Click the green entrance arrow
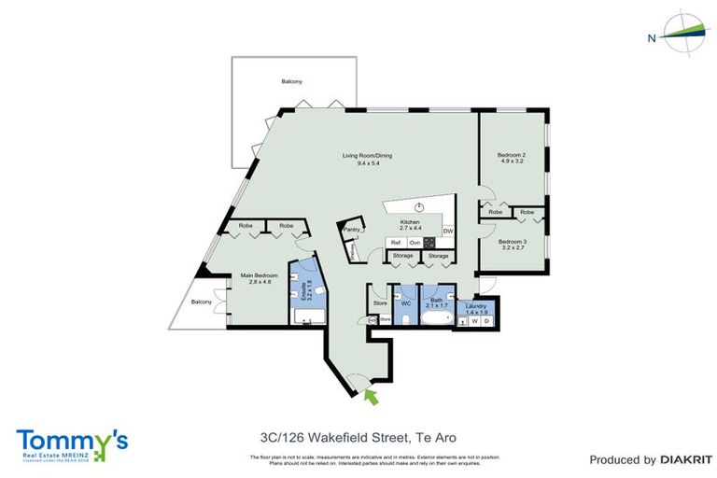pos(371,398)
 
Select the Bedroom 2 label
pos(513,155)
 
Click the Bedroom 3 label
pos(513,243)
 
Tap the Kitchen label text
pos(411,222)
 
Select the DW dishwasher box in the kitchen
pos(448,231)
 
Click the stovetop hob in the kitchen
pos(430,243)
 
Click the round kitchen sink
pos(420,206)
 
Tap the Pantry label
pos(351,229)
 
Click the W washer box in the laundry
pos(473,321)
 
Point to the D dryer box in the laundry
pos(486,321)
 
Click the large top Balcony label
pos(291,82)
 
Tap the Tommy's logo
pos(72,443)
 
